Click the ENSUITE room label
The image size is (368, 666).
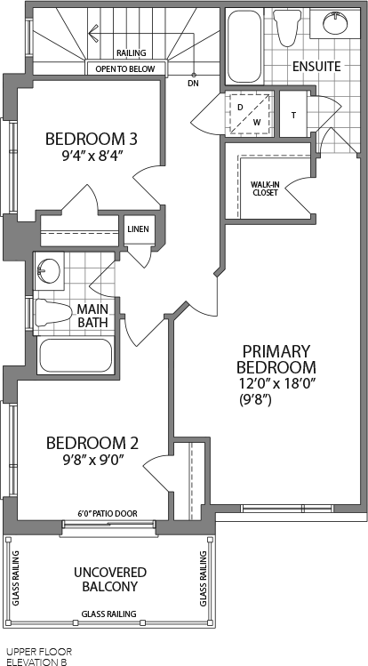pos(316,67)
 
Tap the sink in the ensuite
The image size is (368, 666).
pos(335,23)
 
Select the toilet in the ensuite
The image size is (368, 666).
pos(285,28)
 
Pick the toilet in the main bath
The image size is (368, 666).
pos(53,312)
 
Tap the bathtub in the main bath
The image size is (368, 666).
pos(76,356)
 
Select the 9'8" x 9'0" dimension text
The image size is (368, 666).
pos(92,460)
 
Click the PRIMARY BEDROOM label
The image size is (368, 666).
pos(276,359)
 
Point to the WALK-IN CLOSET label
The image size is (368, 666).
pos(264,189)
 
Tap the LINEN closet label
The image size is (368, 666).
pos(138,229)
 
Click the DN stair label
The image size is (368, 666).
pos(193,84)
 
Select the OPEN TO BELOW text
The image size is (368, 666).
pos(125,68)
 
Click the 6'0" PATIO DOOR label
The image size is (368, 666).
pos(108,514)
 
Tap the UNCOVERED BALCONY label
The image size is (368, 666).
pos(110,580)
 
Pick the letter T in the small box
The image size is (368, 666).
pos(293,115)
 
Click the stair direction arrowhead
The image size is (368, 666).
pos(93,33)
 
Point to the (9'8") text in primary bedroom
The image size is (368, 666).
pos(255,400)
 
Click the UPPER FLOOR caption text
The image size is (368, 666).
pos(39,652)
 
